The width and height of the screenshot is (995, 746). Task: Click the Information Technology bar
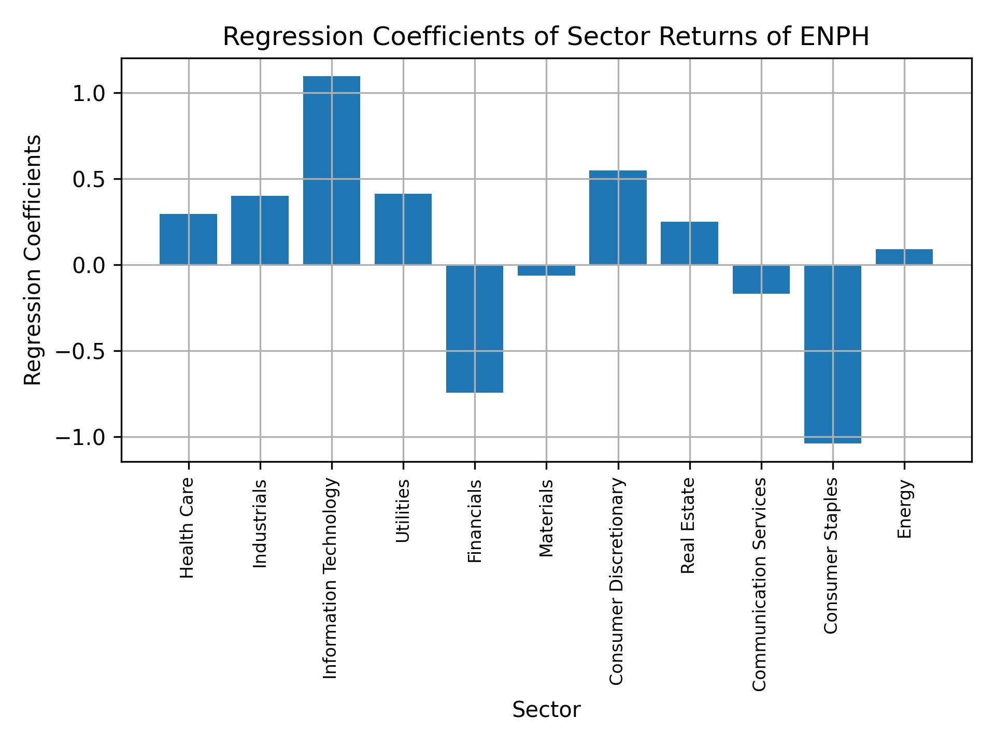[331, 171]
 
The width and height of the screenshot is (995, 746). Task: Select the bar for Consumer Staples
[832, 354]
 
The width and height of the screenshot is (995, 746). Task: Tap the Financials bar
[475, 329]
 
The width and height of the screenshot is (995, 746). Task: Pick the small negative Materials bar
[546, 270]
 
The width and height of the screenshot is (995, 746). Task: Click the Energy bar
[904, 257]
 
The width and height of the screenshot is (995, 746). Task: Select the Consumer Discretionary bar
[618, 218]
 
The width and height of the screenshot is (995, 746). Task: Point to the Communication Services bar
[761, 279]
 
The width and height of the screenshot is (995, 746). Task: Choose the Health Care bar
[188, 239]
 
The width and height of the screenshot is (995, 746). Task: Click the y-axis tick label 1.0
[89, 94]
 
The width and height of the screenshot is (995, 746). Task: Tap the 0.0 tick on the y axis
[89, 266]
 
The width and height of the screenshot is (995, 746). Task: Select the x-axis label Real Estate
[688, 526]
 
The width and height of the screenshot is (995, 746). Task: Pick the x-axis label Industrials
[260, 524]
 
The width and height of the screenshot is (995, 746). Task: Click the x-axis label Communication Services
[759, 584]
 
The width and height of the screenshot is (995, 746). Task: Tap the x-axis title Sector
[546, 710]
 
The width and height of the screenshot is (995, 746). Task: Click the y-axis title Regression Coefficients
[33, 260]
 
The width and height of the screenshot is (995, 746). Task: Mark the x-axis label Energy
[904, 509]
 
